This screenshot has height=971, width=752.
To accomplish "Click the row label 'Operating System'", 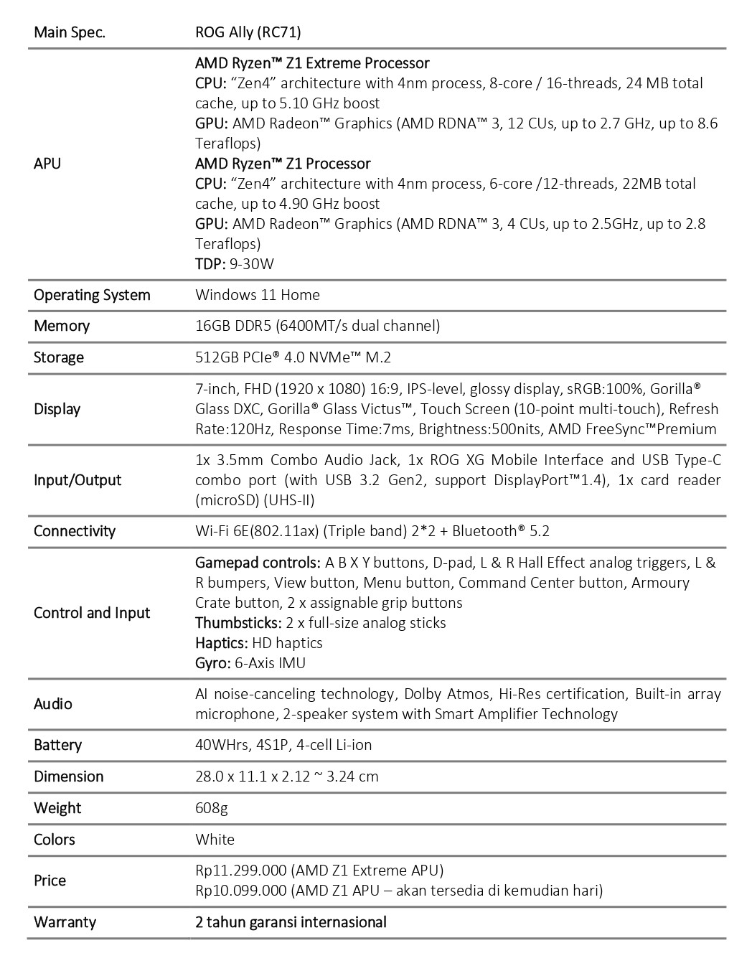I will (x=92, y=295).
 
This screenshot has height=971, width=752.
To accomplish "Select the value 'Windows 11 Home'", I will (x=257, y=295).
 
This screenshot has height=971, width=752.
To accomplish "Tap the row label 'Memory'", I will (x=62, y=326).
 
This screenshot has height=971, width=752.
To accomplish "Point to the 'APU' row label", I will (x=47, y=164).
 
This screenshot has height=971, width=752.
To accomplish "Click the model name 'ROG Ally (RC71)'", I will (x=248, y=32).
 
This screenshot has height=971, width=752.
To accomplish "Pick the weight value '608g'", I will (x=211, y=808).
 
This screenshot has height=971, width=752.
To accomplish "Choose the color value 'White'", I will (x=215, y=840).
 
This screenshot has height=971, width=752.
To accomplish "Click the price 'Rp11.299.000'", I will (x=240, y=871).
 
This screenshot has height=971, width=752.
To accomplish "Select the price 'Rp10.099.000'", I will (x=240, y=891).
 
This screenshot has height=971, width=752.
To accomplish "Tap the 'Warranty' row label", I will (x=65, y=922).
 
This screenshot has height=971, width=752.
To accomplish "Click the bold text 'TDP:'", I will (x=210, y=264).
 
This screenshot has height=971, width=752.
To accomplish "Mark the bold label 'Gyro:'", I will (x=213, y=663).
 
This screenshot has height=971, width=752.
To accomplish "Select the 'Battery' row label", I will (x=57, y=745).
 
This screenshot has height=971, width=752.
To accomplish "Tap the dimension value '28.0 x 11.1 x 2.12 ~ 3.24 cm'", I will (x=286, y=777).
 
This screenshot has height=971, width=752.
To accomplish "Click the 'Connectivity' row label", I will (x=75, y=531).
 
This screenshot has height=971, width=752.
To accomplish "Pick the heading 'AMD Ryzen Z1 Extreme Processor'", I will (x=312, y=63).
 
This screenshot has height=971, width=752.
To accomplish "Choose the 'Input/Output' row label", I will (x=77, y=480).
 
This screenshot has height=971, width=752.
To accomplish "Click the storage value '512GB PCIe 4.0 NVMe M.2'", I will (x=293, y=357).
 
